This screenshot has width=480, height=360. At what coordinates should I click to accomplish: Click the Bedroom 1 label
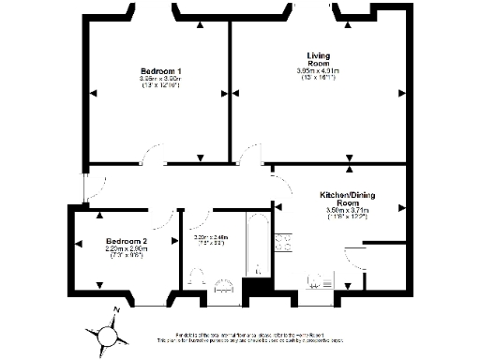point(160,71)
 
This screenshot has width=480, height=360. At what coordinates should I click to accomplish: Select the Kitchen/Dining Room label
point(340,198)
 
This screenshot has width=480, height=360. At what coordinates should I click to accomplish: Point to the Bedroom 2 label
point(126,240)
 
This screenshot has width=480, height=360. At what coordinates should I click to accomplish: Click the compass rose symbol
point(110,333)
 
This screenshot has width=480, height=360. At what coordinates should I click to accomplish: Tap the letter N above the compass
point(116,310)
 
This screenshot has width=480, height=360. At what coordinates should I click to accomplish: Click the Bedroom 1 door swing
point(150,156)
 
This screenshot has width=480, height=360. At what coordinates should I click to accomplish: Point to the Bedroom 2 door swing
point(170,221)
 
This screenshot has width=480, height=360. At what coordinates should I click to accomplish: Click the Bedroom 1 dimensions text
point(160,82)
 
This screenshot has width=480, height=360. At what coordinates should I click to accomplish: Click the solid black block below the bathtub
point(253,291)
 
